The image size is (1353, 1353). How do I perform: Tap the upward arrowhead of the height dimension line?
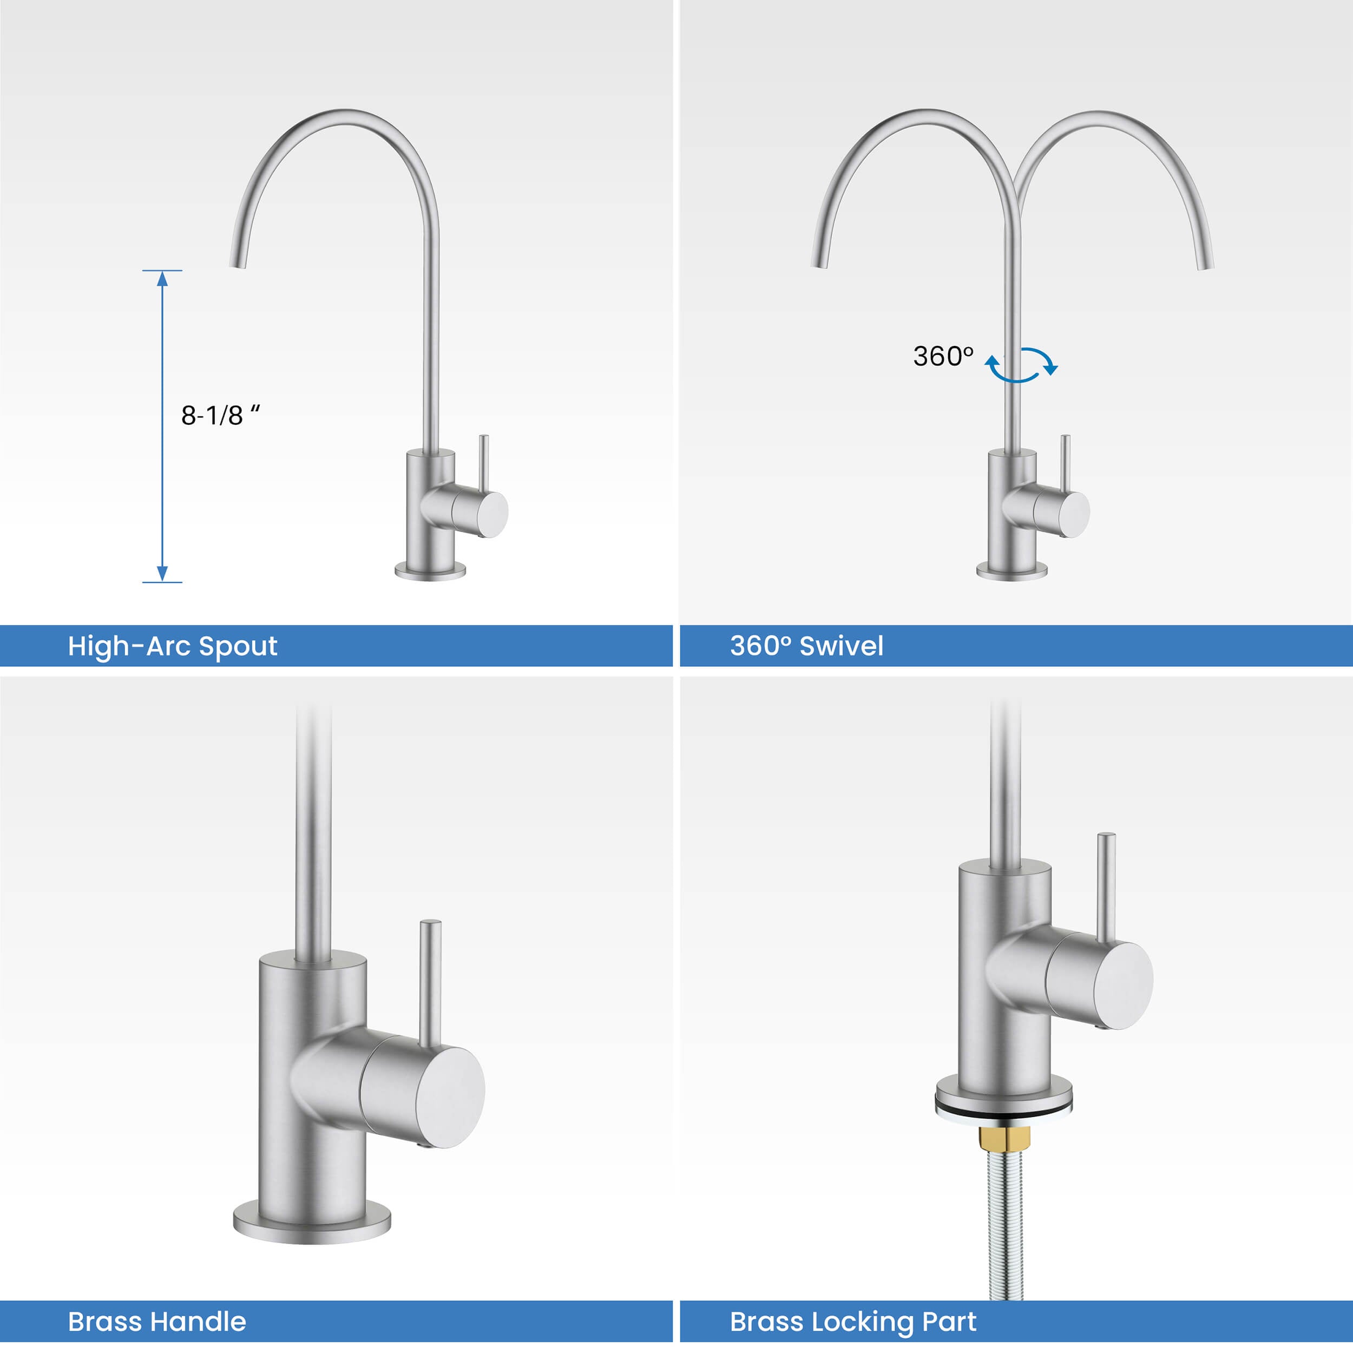[162, 279]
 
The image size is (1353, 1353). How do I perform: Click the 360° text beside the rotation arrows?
[943, 357]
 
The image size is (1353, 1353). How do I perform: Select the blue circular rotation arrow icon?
[1021, 365]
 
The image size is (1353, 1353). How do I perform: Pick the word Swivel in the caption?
[841, 646]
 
